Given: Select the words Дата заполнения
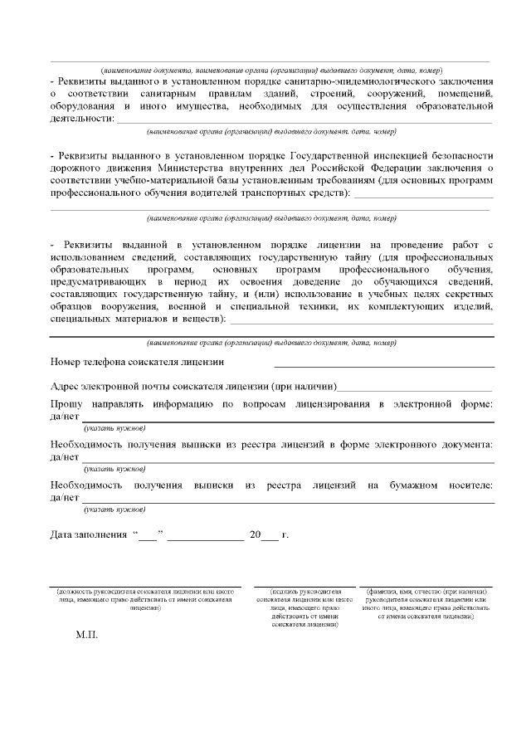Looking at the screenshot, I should [x=88, y=534].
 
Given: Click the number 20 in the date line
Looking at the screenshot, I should [x=255, y=534].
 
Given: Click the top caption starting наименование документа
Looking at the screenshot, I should [x=271, y=71].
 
